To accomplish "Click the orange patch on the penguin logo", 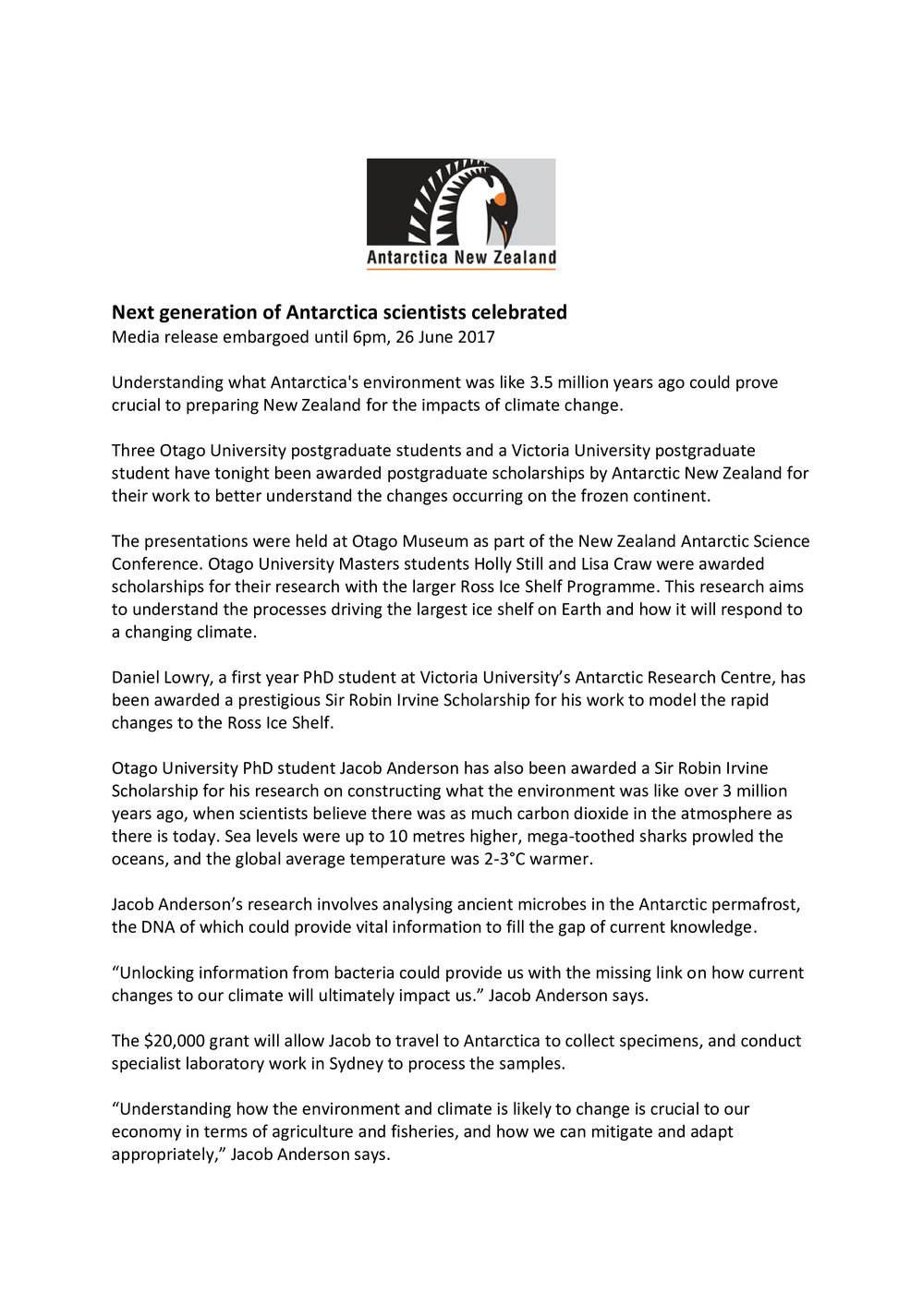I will (500, 199).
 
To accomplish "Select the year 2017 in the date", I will (476, 337).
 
